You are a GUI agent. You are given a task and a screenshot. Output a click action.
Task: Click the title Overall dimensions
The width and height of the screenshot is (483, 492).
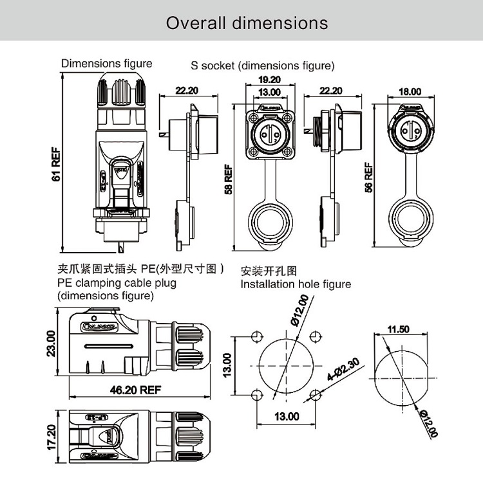[247, 23]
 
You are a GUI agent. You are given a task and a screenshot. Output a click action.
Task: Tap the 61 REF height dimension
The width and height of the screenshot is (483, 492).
[56, 165]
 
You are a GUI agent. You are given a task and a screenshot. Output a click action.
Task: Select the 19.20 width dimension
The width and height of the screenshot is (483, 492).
[270, 80]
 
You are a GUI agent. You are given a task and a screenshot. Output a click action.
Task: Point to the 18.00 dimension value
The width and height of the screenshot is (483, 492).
[410, 93]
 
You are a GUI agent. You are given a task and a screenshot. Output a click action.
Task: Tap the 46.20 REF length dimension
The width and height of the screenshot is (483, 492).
[135, 390]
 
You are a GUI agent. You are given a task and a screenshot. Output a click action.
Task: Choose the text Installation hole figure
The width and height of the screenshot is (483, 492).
[296, 284]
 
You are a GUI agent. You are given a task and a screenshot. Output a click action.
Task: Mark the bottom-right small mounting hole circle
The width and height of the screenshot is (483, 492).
[315, 394]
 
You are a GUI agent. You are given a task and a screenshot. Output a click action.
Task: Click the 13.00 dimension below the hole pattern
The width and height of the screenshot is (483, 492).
[287, 416]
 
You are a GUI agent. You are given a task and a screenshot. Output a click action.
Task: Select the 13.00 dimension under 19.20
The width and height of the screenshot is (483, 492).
[269, 93]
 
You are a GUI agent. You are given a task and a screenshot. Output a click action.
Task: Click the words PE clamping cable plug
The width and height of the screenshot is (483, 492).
[117, 283]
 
